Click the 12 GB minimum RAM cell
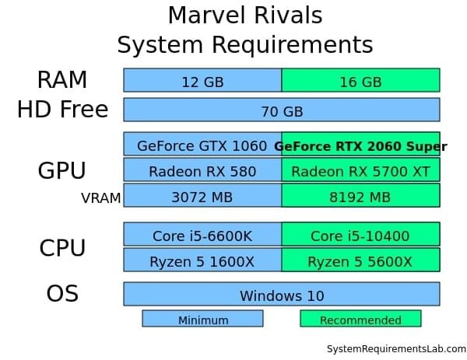(202, 81)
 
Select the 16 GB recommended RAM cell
(360, 81)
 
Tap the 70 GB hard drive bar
(282, 110)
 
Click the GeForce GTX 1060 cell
(202, 145)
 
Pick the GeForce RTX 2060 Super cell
(360, 145)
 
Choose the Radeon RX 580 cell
(202, 171)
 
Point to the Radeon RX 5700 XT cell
(360, 171)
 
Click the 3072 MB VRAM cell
(202, 197)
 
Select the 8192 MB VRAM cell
(360, 197)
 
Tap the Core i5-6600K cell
(202, 235)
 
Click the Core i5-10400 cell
(360, 235)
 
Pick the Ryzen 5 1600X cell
(202, 261)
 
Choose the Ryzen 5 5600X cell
(360, 261)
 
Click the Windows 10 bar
(282, 295)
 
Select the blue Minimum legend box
(202, 320)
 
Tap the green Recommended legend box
(360, 320)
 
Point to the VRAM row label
(100, 198)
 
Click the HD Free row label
(62, 110)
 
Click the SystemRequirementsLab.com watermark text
(396, 349)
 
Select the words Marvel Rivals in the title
(244, 16)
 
